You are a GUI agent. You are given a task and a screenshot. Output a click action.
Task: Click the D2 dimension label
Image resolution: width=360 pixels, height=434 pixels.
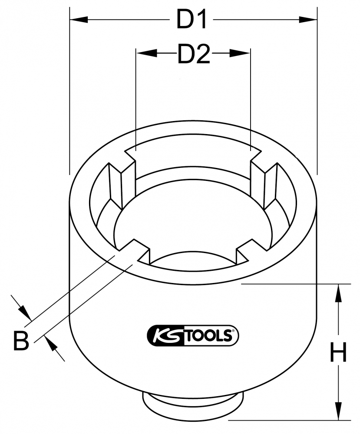pyautogui.click(x=194, y=53)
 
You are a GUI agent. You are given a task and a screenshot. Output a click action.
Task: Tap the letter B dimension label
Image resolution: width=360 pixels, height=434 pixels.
pyautogui.click(x=21, y=340)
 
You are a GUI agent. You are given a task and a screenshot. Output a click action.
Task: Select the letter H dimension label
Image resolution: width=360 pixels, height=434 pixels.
pyautogui.click(x=338, y=352)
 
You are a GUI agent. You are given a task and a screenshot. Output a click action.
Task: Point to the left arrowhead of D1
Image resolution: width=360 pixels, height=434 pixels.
pyautogui.click(x=79, y=20)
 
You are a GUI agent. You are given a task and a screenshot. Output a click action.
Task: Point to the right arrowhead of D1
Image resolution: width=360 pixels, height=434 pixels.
pyautogui.click(x=308, y=20)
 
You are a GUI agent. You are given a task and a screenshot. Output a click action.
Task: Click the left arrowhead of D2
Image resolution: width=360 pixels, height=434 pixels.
pyautogui.click(x=145, y=53)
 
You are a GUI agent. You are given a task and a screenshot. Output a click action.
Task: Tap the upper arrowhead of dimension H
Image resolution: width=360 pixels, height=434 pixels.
pyautogui.click(x=338, y=293)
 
